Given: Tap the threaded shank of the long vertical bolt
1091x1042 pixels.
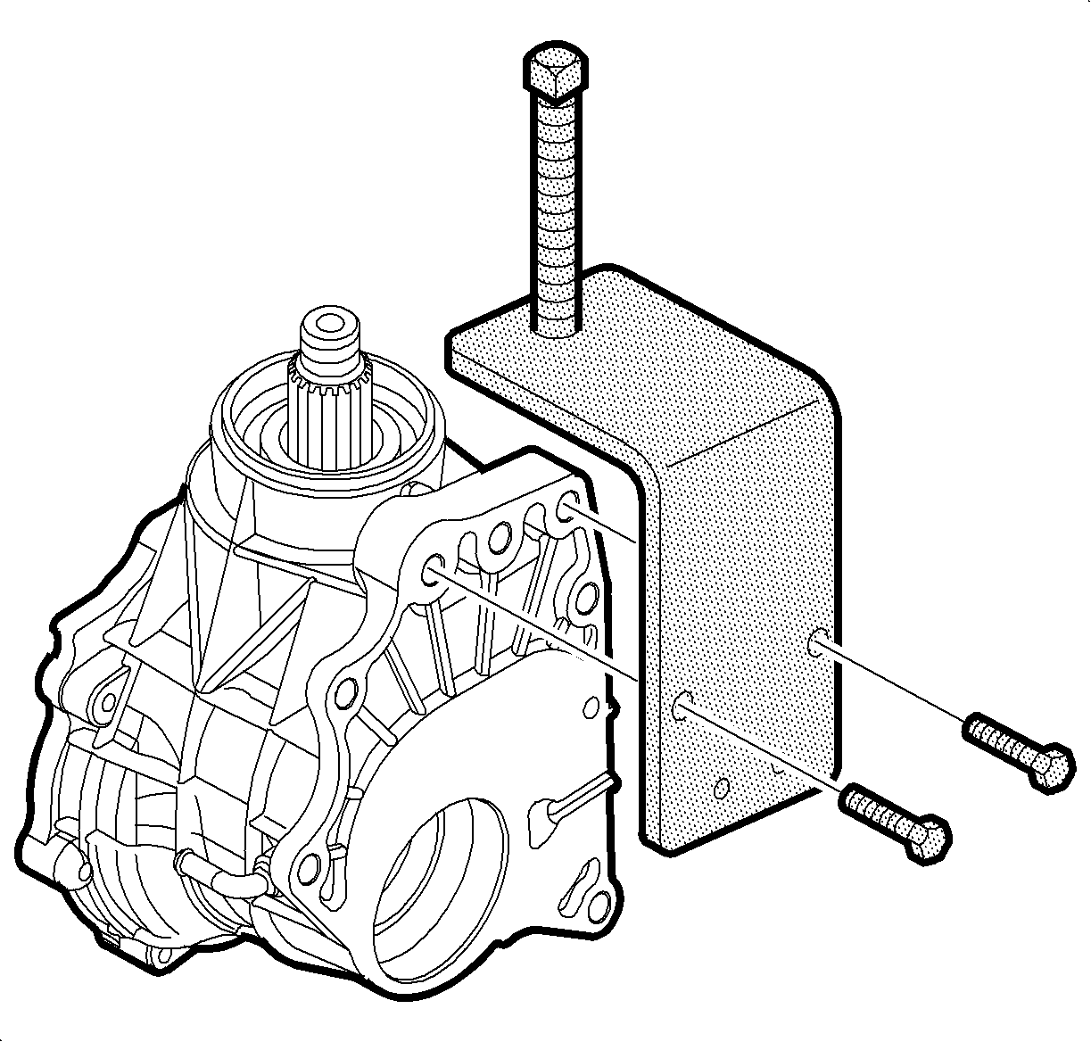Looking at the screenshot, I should (x=558, y=214).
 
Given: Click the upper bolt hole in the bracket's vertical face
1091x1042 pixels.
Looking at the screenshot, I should (x=817, y=642).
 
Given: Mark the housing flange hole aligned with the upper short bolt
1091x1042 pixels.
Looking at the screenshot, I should (x=567, y=510).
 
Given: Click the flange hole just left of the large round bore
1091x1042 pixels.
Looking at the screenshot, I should (x=308, y=864).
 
